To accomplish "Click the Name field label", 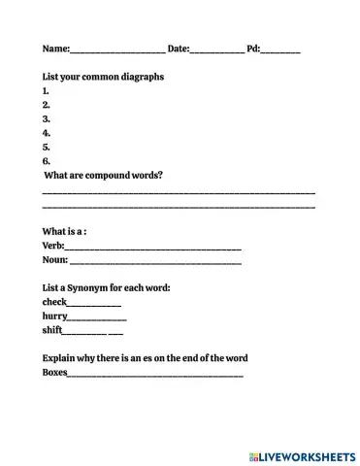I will point(55,48).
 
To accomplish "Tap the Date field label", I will point(179,48).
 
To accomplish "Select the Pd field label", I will point(253,48).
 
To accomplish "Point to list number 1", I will point(47,90).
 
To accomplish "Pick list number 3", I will point(47,118).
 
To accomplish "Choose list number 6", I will point(47,161).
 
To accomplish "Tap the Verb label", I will point(53,247).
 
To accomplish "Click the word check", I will point(55,302).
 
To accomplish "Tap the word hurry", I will point(55,316).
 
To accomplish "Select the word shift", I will point(52,330).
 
